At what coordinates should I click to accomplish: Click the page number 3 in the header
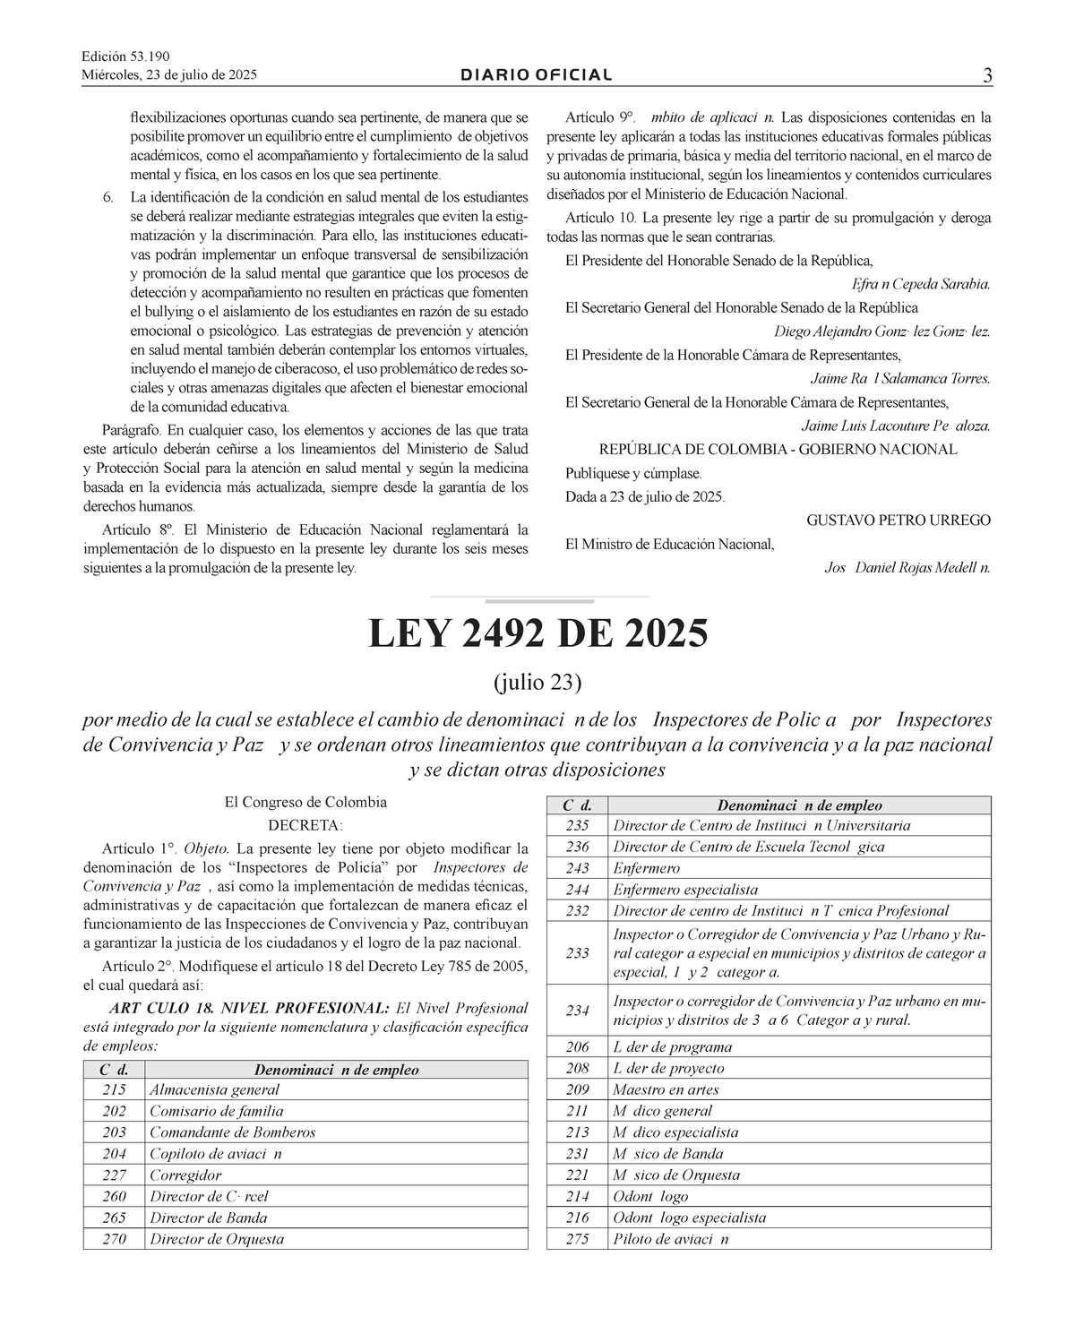(986, 76)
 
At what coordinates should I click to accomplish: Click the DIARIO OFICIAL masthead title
(537, 75)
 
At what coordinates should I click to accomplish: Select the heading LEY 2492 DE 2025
(537, 634)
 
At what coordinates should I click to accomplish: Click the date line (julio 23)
(537, 683)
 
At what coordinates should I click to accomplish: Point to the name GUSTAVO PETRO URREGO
(899, 521)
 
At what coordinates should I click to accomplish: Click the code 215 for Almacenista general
(114, 1090)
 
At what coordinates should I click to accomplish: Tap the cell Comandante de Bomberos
(232, 1132)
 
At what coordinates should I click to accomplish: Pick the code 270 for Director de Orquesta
(114, 1240)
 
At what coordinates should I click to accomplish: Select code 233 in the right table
(578, 953)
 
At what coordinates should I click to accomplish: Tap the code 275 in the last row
(578, 1240)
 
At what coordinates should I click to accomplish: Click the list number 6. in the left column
(107, 196)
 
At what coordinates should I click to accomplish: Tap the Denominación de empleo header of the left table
(336, 1070)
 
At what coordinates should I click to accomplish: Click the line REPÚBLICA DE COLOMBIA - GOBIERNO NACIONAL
(778, 450)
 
